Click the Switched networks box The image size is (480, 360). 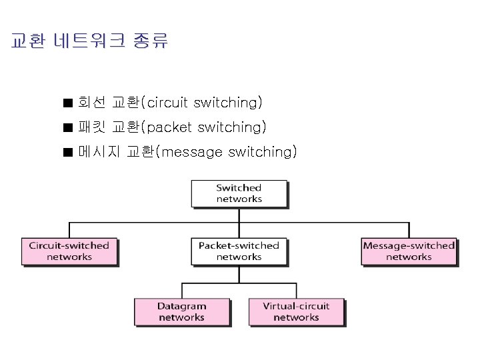point(239,193)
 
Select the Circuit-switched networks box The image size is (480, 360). point(69,251)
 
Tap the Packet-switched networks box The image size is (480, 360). point(239,251)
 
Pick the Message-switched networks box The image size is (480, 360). point(409,251)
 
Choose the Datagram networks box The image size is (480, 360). point(182,312)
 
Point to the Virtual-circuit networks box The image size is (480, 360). point(296,312)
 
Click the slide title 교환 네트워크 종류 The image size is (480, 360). point(90,41)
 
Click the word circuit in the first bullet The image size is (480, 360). point(167,103)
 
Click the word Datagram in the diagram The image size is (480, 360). point(182,307)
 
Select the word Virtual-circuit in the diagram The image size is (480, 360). point(296,307)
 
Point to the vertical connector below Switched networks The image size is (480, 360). point(239,214)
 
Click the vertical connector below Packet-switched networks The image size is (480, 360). point(239,275)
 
